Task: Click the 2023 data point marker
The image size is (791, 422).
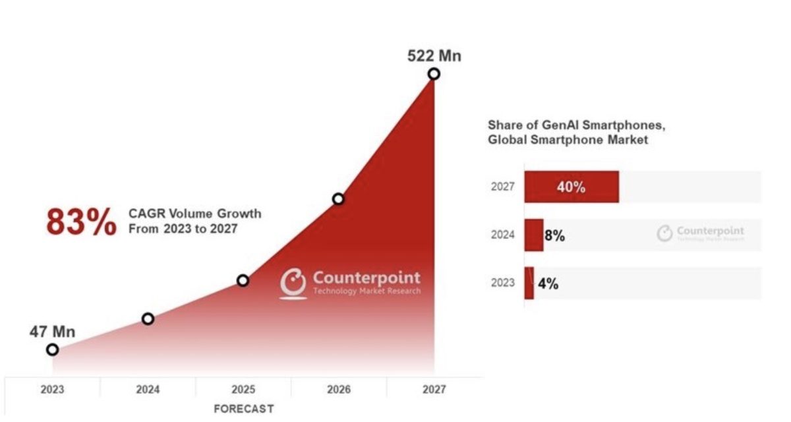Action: [52, 349]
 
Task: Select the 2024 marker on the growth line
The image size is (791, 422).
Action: [148, 319]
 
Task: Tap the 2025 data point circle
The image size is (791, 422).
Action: [243, 281]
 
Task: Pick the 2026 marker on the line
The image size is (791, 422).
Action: [338, 199]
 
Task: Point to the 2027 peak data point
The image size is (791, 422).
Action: [433, 74]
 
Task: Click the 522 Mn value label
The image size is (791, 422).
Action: [434, 55]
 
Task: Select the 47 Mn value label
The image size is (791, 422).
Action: [52, 332]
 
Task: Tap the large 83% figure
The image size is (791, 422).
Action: [81, 222]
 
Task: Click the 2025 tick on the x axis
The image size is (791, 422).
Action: [243, 390]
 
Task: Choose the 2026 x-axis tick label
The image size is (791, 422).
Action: [338, 390]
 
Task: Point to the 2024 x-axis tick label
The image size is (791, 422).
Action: [148, 390]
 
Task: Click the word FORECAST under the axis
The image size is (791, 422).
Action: [243, 409]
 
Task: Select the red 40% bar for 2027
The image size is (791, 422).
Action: [571, 187]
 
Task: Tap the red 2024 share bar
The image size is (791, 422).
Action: [533, 235]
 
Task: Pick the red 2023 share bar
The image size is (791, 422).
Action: [529, 284]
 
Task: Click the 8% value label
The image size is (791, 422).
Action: [554, 235]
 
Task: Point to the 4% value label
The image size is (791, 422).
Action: [548, 284]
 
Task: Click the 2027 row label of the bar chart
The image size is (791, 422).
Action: [503, 187]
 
